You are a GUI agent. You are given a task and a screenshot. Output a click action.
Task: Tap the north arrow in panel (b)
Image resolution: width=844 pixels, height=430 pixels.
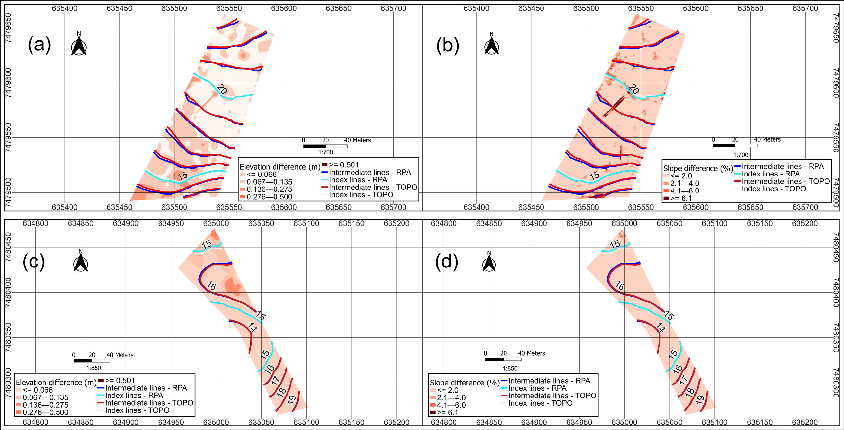coord(492,45)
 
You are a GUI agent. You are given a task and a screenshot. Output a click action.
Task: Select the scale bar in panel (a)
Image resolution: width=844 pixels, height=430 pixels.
coord(325,146)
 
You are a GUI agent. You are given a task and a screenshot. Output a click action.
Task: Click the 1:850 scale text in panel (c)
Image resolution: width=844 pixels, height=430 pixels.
coord(93,368)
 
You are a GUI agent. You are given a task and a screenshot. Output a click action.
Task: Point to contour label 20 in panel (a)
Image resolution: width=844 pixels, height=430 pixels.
coord(222,89)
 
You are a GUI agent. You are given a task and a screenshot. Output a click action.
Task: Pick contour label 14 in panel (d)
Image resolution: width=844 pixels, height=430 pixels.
coord(660,327)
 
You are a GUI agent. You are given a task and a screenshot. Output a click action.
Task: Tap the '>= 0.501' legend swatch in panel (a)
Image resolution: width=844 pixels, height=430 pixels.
coord(325,165)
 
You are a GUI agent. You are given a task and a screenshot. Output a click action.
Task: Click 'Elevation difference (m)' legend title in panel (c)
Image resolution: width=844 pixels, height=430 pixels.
coord(56,383)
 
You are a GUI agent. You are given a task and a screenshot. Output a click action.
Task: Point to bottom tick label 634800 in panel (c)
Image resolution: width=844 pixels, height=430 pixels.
coord(35,422)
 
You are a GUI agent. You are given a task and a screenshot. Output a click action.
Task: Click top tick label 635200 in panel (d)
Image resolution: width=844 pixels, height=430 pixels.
coord(805,224)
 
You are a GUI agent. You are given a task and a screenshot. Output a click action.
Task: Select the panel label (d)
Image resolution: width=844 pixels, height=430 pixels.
coord(447,262)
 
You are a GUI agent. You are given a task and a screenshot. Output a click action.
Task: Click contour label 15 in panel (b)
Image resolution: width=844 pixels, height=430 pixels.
coord(594,176)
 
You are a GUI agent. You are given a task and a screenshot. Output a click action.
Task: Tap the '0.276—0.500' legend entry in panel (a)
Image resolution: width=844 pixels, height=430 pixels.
coord(266,197)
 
